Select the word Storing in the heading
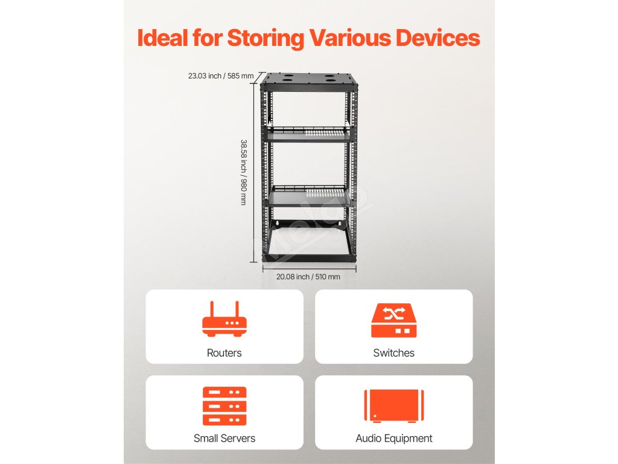point(266,39)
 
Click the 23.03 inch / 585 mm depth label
point(221,76)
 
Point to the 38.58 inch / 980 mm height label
point(243,172)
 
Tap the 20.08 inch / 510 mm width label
point(308,277)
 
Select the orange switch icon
point(393,321)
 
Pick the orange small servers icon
point(225,406)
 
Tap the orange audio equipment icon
point(393,405)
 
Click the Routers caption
point(225,353)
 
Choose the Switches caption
point(393,353)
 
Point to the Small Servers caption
point(225,439)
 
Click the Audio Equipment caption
point(393,439)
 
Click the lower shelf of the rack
point(309,198)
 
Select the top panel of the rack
point(309,79)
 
